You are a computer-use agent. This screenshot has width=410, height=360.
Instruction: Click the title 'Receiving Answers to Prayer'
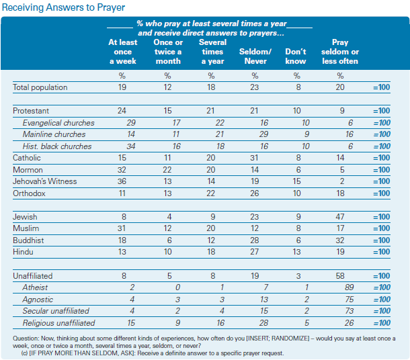(x=64, y=7)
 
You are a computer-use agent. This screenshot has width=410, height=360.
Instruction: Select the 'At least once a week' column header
(x=122, y=52)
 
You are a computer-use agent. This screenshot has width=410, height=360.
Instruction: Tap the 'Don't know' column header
(x=296, y=56)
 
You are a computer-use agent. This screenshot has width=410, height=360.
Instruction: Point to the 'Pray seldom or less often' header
(x=340, y=52)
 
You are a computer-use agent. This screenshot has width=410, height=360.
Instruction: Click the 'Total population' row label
(x=40, y=87)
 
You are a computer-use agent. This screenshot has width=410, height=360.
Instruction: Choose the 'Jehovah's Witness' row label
(x=45, y=181)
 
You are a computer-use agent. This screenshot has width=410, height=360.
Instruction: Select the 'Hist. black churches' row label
(x=57, y=146)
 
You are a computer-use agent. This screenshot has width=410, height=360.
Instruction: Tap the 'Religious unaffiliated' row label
(x=58, y=323)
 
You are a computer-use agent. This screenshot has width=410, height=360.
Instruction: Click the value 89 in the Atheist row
(x=349, y=287)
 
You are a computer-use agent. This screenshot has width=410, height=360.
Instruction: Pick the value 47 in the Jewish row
(x=340, y=217)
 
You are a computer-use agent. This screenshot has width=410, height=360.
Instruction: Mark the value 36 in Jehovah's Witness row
(x=122, y=181)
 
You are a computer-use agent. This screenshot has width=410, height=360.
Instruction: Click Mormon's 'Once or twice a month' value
(x=167, y=170)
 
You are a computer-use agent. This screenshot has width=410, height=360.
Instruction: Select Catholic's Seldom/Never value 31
(x=254, y=158)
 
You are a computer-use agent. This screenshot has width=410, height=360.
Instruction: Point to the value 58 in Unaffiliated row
(x=340, y=276)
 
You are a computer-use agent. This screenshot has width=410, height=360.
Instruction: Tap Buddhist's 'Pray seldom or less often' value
(x=340, y=240)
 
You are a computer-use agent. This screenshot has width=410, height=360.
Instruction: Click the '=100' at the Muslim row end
(x=382, y=228)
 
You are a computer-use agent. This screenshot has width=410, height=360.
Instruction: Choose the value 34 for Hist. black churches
(x=131, y=146)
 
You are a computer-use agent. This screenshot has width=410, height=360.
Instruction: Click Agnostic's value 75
(x=349, y=300)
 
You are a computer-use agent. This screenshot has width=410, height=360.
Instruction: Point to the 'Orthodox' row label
(x=29, y=193)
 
